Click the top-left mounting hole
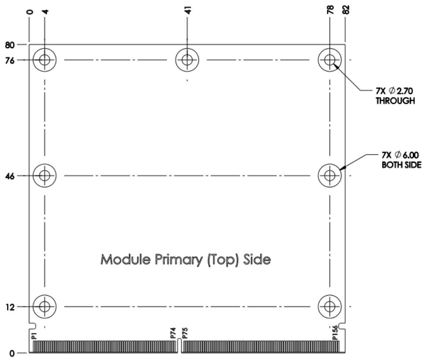[x=45, y=60]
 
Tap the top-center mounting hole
[x=187, y=60]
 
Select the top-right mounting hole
[x=330, y=60]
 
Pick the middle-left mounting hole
[x=45, y=176]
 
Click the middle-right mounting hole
[x=330, y=176]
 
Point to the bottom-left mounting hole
[x=45, y=307]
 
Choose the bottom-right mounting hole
[x=330, y=307]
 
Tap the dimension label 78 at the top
[x=331, y=10]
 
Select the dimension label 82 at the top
[x=346, y=10]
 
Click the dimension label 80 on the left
[x=10, y=45]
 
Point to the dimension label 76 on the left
[x=10, y=61]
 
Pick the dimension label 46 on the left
[x=10, y=177]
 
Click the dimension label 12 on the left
[x=10, y=307]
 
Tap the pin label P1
[x=34, y=336]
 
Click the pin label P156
[x=335, y=332]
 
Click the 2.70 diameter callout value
[x=405, y=91]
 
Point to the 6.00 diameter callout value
[x=411, y=155]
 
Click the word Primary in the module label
[x=179, y=260]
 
